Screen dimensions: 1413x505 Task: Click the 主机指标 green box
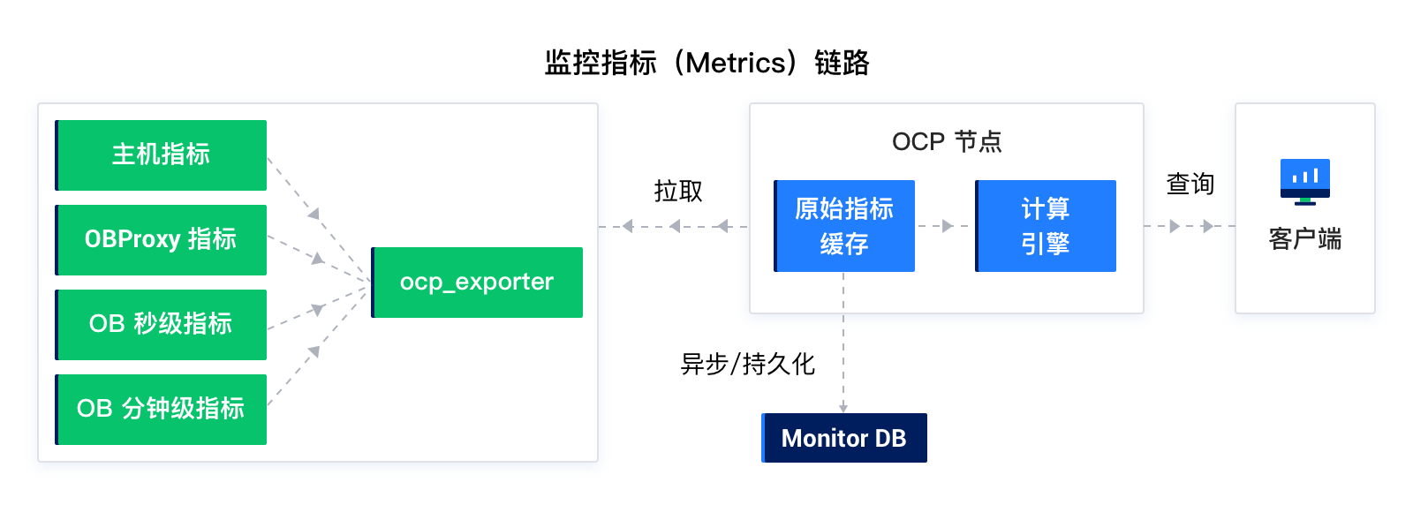pos(161,155)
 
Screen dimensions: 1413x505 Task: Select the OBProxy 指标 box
pos(161,239)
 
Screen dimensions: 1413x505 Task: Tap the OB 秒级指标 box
pos(161,325)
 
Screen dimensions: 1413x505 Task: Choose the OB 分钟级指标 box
pos(161,409)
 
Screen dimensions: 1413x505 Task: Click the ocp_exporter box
pos(477,283)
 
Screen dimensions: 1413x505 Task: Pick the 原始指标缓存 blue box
pos(844,226)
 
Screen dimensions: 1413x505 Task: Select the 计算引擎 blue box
pos(1046,226)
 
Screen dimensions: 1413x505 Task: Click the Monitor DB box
pos(844,438)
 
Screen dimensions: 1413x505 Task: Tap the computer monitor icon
pos(1305,182)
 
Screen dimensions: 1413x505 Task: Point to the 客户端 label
pos(1305,239)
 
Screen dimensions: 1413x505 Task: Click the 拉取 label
pos(678,191)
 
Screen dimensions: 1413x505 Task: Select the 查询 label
pos(1190,185)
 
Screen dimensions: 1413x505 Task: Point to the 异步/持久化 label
pos(747,364)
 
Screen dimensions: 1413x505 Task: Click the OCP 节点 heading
pos(946,141)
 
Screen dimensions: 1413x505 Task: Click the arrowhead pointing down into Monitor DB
pos(843,408)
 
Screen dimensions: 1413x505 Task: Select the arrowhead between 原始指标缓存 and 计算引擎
pos(947,226)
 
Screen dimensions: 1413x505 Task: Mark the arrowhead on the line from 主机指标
pos(314,214)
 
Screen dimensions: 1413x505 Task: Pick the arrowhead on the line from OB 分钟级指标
pos(314,350)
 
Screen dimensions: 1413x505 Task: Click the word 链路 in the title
pos(843,63)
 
